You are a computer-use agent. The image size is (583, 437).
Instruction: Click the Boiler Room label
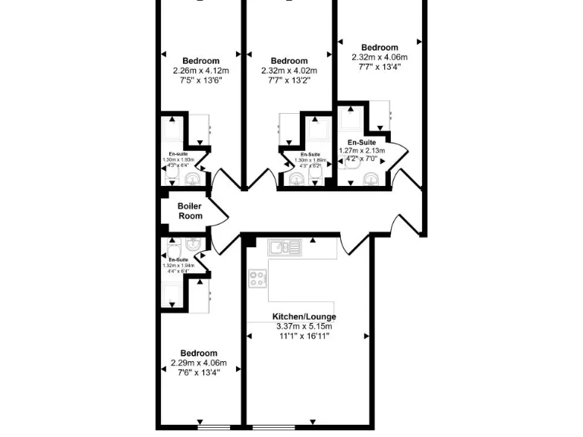(x=190, y=211)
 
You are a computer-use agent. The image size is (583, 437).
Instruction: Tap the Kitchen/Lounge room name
(x=304, y=316)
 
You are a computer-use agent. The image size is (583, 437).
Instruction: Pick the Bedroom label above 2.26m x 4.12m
(x=200, y=61)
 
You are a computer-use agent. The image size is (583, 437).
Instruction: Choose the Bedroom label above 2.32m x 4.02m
(x=289, y=61)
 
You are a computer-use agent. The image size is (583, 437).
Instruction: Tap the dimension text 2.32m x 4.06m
(x=380, y=57)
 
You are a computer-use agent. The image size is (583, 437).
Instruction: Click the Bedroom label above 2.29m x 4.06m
(x=199, y=353)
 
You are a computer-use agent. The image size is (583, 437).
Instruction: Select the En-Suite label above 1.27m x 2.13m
(x=361, y=142)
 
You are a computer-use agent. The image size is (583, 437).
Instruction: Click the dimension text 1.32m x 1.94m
(x=178, y=266)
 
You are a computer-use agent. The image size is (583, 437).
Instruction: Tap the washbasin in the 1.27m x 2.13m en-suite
(x=370, y=179)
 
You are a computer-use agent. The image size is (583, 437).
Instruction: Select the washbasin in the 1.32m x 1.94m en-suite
(x=194, y=244)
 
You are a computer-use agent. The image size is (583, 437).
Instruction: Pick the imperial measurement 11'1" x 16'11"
(x=304, y=336)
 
